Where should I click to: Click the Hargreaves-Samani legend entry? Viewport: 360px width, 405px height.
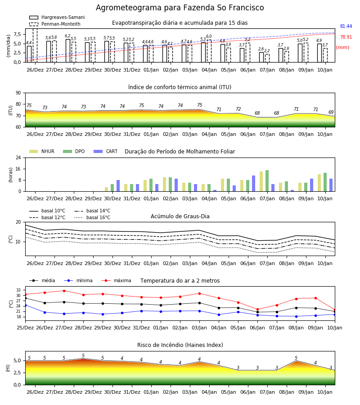[x=57, y=17]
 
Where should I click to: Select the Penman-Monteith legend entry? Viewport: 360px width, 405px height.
[x=55, y=24]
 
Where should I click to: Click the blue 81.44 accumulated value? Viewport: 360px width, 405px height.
[x=346, y=27]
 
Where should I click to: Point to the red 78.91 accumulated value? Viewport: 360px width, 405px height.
[x=346, y=37]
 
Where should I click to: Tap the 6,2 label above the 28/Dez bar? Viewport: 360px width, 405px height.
[x=67, y=36]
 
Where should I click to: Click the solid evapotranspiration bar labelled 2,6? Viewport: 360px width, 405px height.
[x=261, y=57]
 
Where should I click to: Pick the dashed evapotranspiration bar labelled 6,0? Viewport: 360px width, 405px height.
[x=209, y=51]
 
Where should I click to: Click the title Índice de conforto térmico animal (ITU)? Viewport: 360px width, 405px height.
[x=180, y=87]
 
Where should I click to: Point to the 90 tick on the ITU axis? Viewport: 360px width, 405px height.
[x=18, y=93]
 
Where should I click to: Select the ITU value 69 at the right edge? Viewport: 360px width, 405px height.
[x=331, y=112]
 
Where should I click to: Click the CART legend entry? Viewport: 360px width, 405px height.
[x=106, y=151]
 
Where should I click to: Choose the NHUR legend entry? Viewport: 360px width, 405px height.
[x=42, y=151]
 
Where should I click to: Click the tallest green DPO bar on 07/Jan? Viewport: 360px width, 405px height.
[x=267, y=181]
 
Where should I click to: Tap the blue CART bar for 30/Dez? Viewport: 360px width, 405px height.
[x=118, y=186]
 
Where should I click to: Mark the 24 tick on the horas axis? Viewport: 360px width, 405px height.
[x=18, y=157]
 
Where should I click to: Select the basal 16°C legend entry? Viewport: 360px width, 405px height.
[x=92, y=217]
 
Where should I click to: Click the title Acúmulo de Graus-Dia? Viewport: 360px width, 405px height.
[x=180, y=216]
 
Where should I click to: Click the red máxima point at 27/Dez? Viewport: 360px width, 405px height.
[x=64, y=291]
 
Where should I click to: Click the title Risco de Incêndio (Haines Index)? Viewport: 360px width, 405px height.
[x=180, y=345]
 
